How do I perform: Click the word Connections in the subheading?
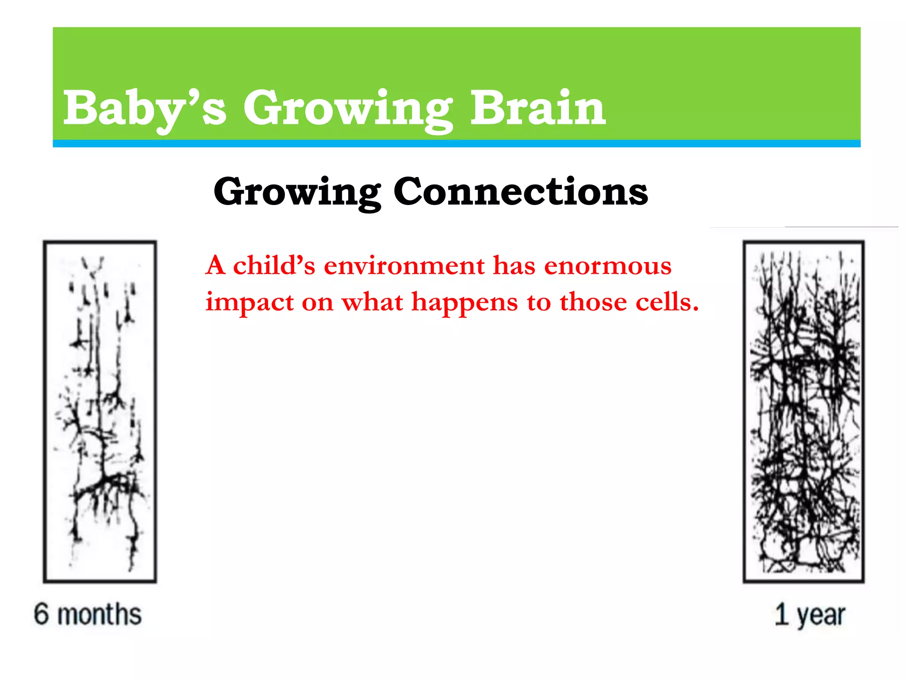coord(521,191)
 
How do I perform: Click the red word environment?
coord(404,266)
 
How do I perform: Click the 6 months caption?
coord(88,614)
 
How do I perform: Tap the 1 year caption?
coord(810,615)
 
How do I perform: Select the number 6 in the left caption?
coord(42,614)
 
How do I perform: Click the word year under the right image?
coord(821,616)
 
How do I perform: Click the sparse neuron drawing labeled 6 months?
coord(100,412)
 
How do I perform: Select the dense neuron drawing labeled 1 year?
coord(803,412)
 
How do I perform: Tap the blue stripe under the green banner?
coord(457,143)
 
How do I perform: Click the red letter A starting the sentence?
coord(216,266)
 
